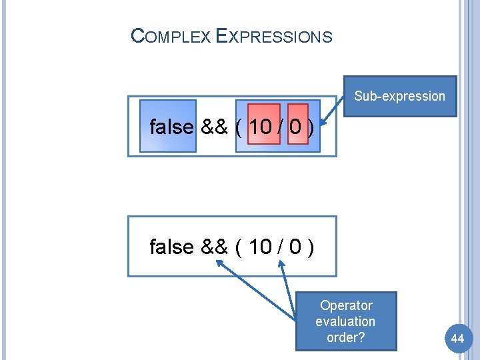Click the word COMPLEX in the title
pyautogui.click(x=171, y=36)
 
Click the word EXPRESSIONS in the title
pyautogui.click(x=275, y=36)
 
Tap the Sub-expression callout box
pyautogui.click(x=399, y=96)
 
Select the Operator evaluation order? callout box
pyautogui.click(x=346, y=321)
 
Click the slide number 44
pyautogui.click(x=457, y=339)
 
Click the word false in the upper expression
pyautogui.click(x=171, y=127)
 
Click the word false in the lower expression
pyautogui.click(x=171, y=247)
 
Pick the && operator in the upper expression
pyautogui.click(x=214, y=127)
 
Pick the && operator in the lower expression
pyautogui.click(x=214, y=247)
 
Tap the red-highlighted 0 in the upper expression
pyautogui.click(x=297, y=127)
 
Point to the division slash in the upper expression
pyautogui.click(x=281, y=127)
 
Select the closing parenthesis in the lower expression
pyautogui.click(x=311, y=247)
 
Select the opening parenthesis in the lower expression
pyautogui.click(x=239, y=247)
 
